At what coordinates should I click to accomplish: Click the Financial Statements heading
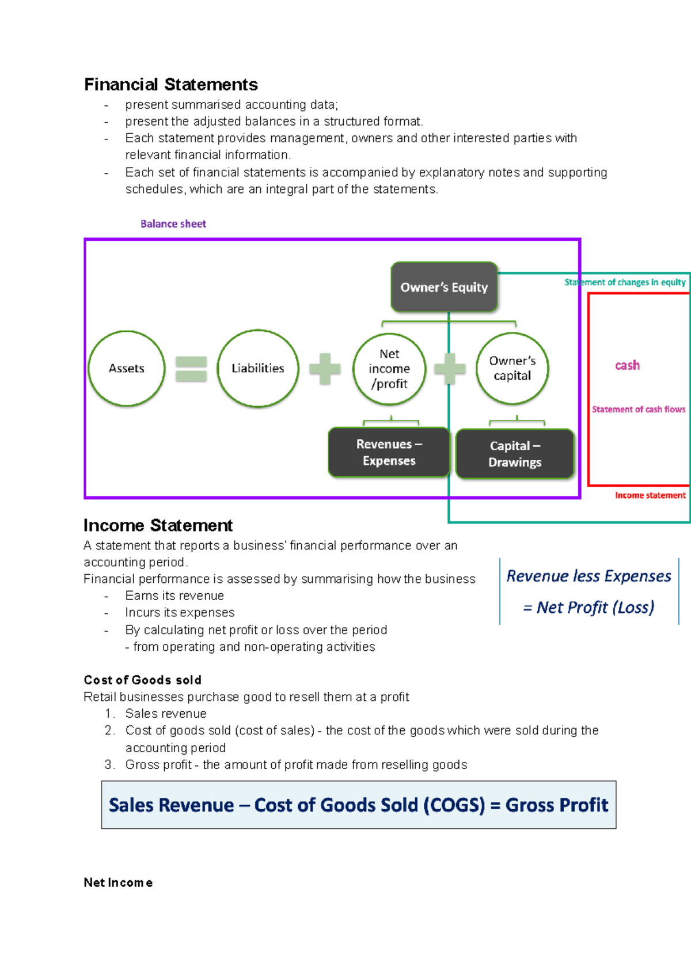170,85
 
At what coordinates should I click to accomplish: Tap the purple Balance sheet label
173,224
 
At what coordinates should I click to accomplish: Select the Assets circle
127,369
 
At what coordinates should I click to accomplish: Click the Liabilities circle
258,369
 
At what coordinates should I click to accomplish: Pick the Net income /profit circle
389,369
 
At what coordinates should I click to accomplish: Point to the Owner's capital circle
512,369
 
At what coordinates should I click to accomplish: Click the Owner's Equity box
444,287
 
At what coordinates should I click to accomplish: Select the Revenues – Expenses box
389,452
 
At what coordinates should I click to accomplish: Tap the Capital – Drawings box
515,454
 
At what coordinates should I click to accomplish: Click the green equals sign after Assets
191,369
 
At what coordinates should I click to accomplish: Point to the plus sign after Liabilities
325,369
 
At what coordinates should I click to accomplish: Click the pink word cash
627,365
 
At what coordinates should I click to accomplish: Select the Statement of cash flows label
639,410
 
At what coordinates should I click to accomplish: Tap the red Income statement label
650,495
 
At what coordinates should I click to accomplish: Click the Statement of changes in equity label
625,282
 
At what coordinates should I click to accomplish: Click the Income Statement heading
158,525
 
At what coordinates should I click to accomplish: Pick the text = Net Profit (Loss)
589,608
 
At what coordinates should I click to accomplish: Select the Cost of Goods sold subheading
142,680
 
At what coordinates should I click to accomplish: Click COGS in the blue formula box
455,805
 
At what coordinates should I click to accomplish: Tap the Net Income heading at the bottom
118,883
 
